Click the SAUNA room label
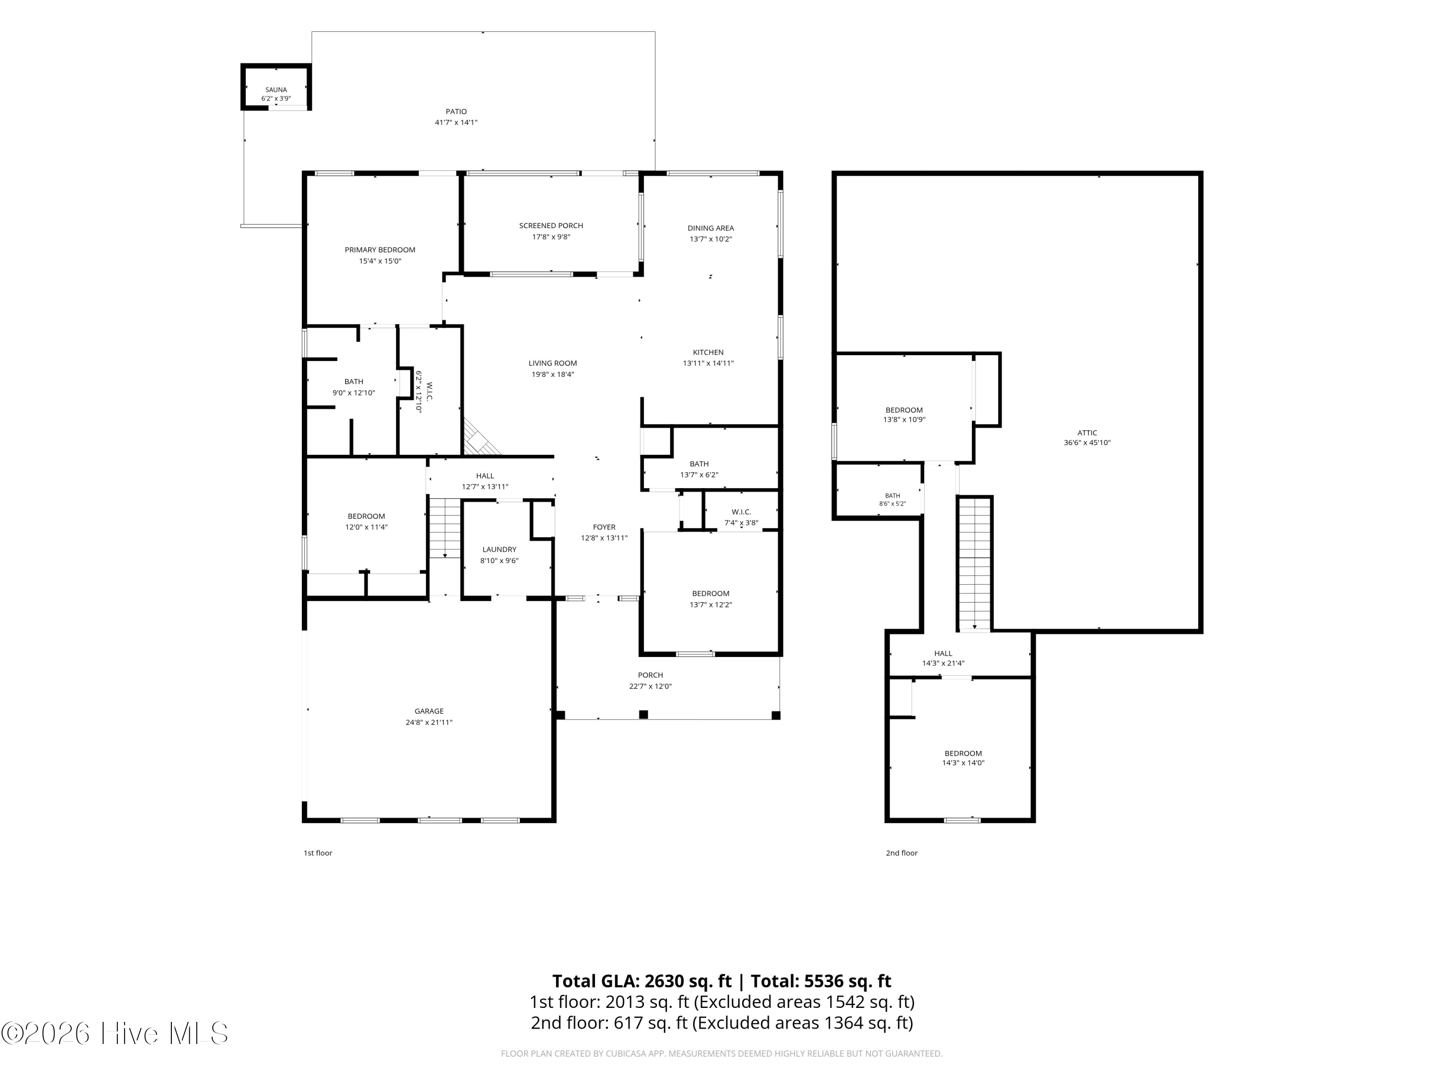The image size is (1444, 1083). click(x=276, y=90)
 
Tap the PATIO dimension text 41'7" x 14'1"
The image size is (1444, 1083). click(x=456, y=123)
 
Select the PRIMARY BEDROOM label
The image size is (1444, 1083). click(x=380, y=250)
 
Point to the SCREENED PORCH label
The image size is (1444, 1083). click(x=551, y=226)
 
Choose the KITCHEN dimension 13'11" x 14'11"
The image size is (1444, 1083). click(x=709, y=363)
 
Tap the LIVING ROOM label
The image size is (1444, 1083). click(x=553, y=363)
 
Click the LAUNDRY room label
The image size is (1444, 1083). click(x=500, y=550)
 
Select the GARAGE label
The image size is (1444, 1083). click(x=429, y=711)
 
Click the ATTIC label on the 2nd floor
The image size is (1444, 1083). click(x=1087, y=433)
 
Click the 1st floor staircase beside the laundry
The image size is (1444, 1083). click(x=445, y=528)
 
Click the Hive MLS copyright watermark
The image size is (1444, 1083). click(x=115, y=1033)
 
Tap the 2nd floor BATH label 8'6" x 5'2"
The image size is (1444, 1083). click(x=892, y=500)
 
